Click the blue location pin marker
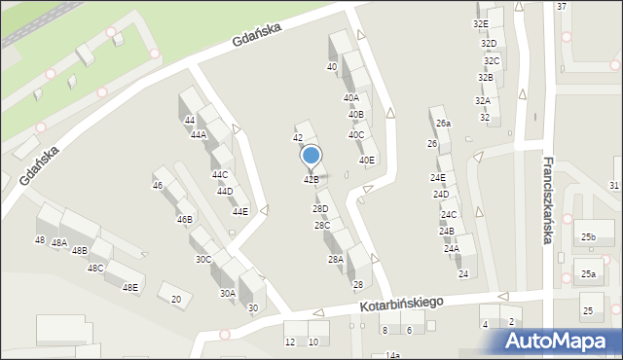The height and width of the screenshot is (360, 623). tap(311, 156)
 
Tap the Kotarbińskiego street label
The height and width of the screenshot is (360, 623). tap(399, 306)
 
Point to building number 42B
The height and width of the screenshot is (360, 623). tap(311, 180)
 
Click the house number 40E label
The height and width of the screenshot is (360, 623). tap(367, 161)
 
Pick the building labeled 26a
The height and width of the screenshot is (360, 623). tap(444, 124)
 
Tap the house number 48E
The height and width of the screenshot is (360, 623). tap(129, 288)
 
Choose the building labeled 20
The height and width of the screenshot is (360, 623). tap(176, 300)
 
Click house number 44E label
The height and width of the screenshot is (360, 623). tap(239, 212)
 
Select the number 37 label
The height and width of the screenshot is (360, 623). tap(562, 7)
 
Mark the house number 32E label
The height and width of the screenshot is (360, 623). tap(481, 23)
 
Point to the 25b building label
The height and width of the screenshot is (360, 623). tap(589, 237)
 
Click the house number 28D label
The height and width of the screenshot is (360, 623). tap(320, 209)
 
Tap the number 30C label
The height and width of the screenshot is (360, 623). tap(203, 260)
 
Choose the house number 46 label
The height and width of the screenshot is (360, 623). tap(158, 186)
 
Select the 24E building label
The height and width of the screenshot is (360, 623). tap(439, 178)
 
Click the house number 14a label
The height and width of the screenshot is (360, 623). tap(392, 355)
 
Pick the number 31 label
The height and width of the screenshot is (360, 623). tap(614, 186)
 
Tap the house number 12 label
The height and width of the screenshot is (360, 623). tap(290, 342)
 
